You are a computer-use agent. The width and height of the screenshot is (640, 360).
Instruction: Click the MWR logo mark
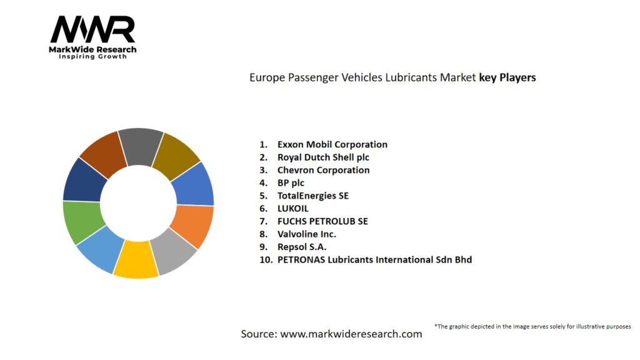point(92,29)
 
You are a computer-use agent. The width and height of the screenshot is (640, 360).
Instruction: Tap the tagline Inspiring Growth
point(92,56)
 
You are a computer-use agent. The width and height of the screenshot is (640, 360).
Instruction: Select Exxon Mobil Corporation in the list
point(332,144)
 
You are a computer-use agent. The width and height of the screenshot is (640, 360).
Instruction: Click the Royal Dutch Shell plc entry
point(323,157)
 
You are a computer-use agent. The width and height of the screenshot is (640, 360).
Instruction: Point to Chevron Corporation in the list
point(323,170)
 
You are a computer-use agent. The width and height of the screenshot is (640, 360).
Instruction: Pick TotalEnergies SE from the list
point(312,196)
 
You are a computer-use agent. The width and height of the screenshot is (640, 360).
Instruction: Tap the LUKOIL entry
point(292,209)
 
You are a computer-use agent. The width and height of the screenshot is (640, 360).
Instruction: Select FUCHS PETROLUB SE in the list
point(322,221)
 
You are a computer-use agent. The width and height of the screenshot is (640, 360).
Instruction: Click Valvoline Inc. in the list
point(306,234)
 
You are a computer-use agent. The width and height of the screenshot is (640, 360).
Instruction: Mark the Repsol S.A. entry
point(302,247)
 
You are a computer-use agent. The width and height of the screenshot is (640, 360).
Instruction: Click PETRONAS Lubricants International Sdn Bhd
point(374,259)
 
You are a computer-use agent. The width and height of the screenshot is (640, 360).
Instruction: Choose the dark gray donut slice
point(141,147)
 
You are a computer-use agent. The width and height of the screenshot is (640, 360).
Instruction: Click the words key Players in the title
point(507,77)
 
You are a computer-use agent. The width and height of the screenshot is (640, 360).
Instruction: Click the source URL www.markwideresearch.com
point(351,334)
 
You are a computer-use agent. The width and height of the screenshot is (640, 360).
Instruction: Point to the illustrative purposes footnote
point(532,326)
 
